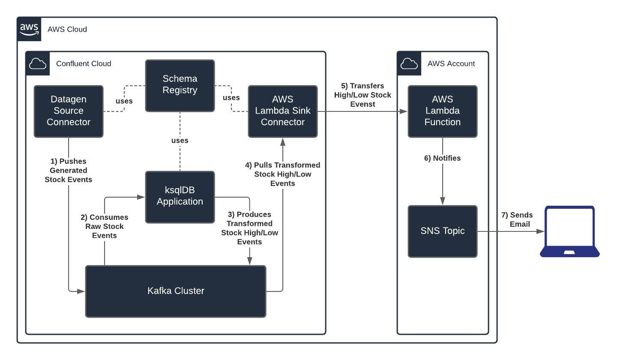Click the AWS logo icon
29,29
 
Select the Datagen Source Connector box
69,111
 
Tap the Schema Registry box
180,85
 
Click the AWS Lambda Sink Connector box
283,111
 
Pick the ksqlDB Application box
180,197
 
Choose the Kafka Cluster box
176,291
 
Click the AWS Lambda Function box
442,111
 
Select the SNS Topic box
442,231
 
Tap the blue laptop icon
569,231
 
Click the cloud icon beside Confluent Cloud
38,63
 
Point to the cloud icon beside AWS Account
409,63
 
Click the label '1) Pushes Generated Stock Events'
69,170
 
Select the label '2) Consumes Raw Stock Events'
105,226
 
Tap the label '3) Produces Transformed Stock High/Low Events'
249,228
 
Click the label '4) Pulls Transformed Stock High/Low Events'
282,174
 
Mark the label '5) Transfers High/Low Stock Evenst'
362,95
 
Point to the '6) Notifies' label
442,158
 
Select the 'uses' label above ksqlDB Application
180,140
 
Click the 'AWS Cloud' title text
67,29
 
